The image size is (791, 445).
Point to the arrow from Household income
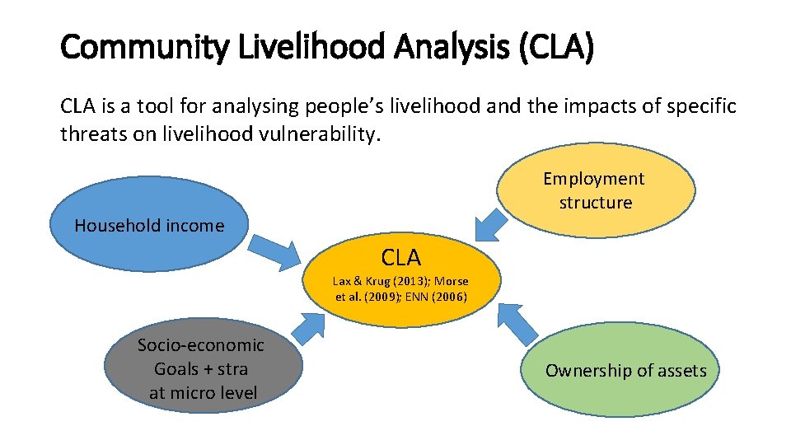pos(278,251)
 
